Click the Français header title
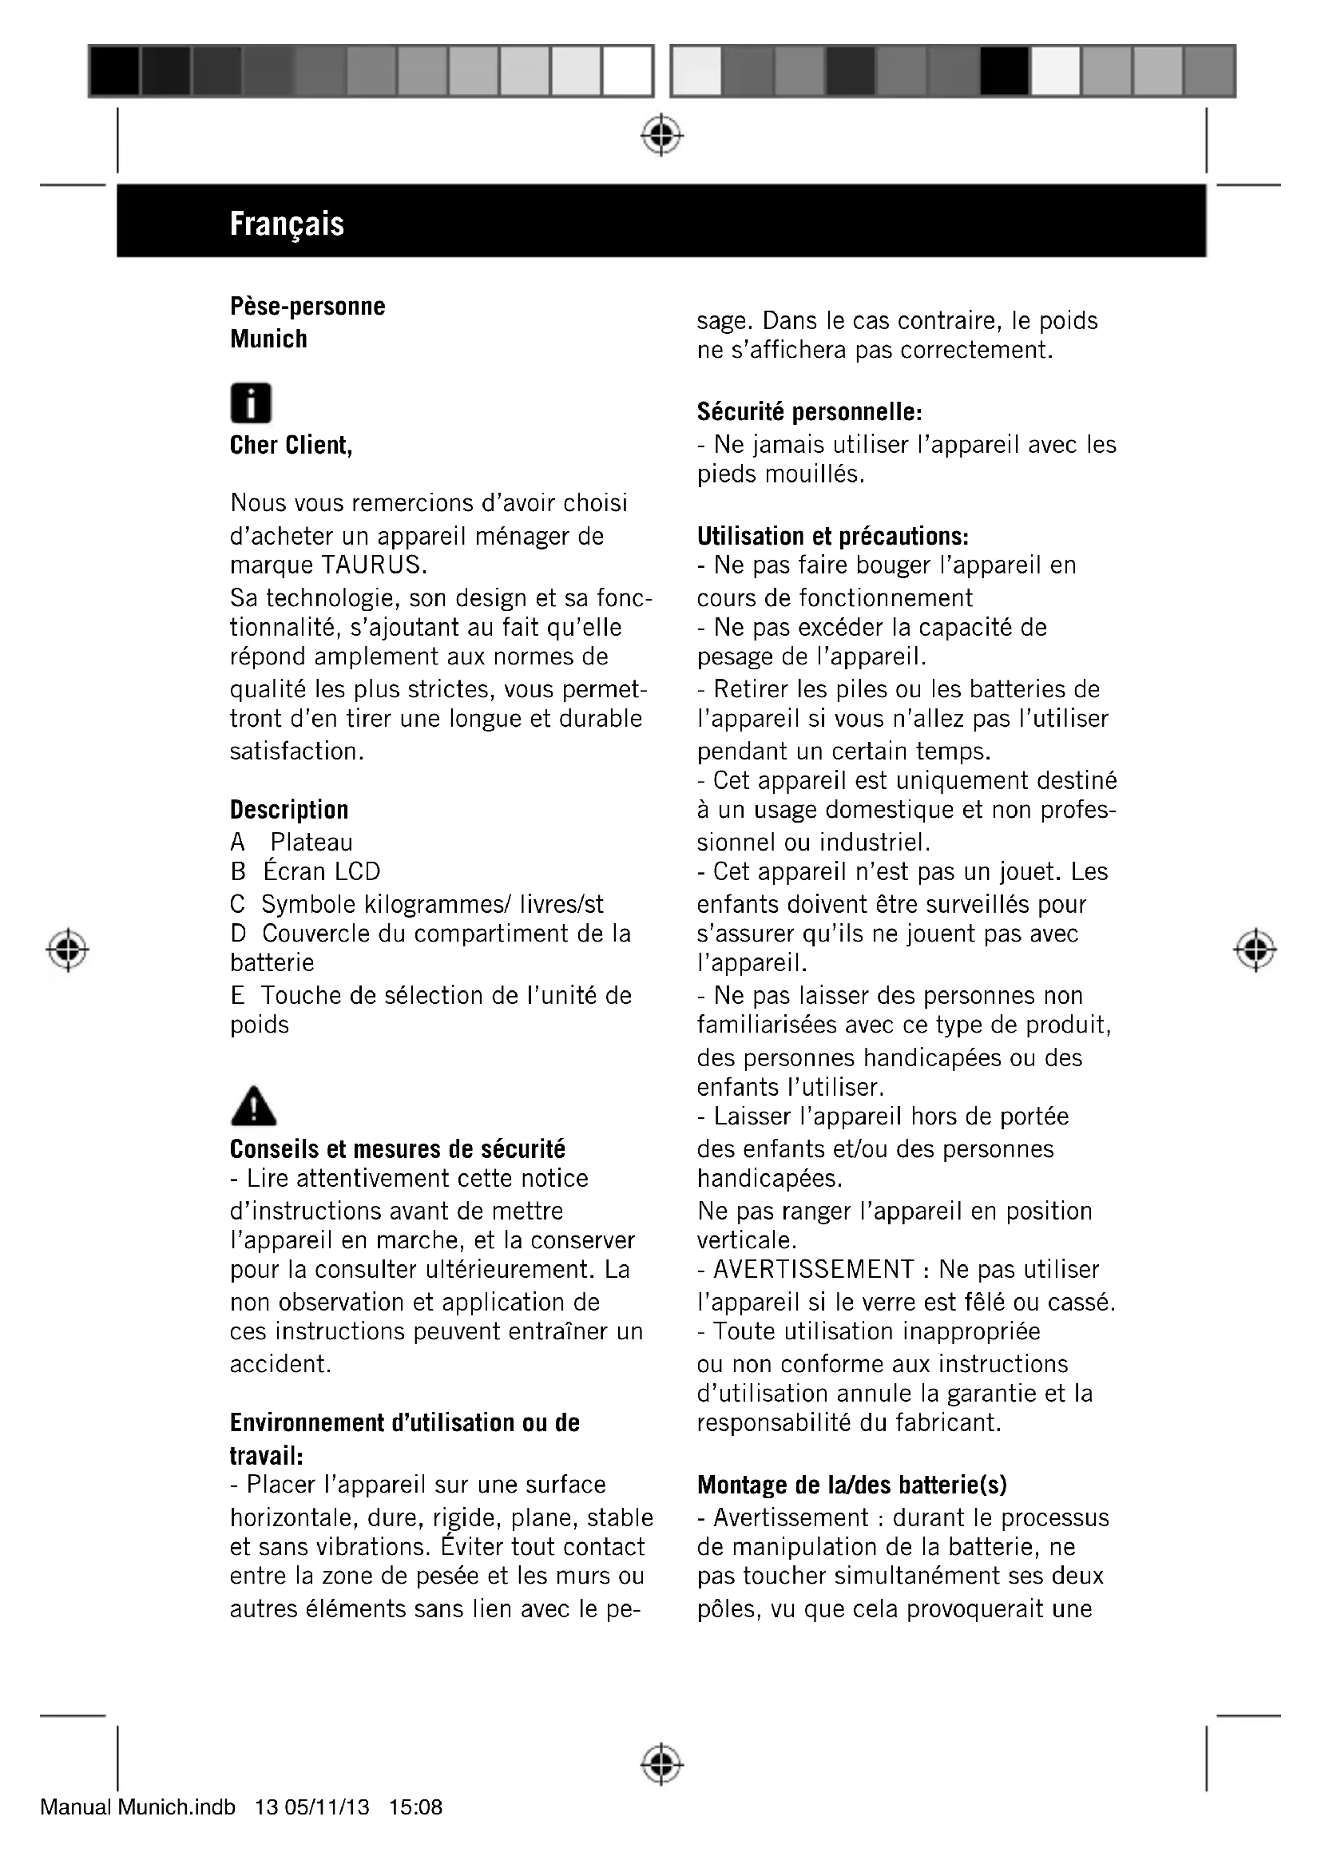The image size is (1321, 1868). point(287,224)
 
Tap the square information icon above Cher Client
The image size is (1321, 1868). point(251,403)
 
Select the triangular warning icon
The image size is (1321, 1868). point(253,1105)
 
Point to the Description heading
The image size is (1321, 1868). point(289,810)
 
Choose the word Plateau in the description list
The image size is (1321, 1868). point(311,842)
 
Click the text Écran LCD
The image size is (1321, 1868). point(322,871)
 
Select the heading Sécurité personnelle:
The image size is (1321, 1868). point(809,411)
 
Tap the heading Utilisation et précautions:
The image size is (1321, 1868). point(833,536)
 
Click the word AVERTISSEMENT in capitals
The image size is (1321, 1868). point(813,1269)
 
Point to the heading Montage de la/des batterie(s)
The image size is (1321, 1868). point(851,1485)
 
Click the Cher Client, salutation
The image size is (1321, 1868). point(292,445)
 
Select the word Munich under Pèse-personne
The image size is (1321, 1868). point(268,339)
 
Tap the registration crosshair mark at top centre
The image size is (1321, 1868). point(661,135)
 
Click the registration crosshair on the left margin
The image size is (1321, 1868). point(68,950)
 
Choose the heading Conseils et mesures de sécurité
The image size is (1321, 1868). point(397,1148)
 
